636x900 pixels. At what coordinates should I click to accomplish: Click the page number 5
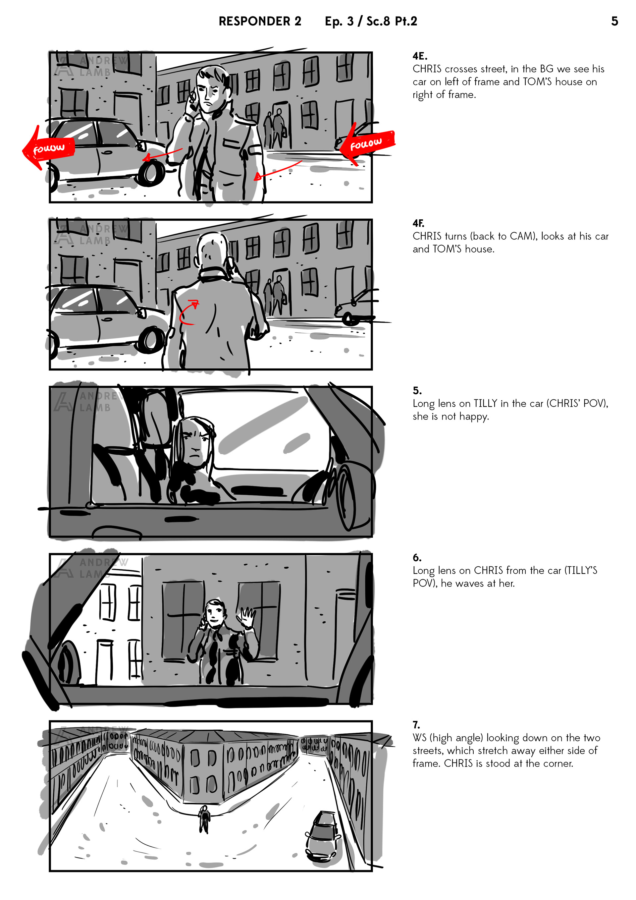click(614, 21)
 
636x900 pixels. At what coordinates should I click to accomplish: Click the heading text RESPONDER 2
click(260, 21)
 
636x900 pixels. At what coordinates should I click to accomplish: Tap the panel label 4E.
click(420, 56)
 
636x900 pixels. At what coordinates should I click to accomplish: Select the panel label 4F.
click(418, 223)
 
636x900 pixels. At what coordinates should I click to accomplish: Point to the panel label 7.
click(416, 725)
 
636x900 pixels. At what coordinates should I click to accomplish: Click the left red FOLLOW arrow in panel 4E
click(48, 148)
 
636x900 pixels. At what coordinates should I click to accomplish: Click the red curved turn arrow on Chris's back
click(189, 312)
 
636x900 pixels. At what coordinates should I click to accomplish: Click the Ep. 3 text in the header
click(339, 22)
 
